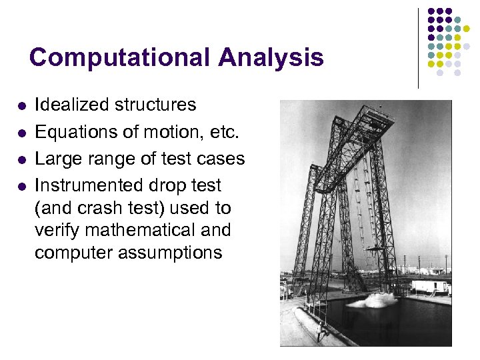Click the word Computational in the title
[119, 57]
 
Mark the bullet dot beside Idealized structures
[21, 106]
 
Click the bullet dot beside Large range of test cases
[21, 160]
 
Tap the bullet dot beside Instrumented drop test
[21, 187]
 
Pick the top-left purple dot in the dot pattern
[431, 11]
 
